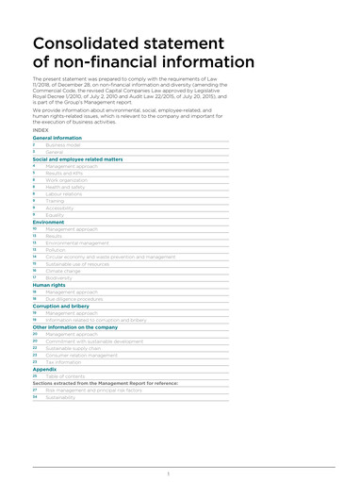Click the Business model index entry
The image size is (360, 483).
[x=63, y=144]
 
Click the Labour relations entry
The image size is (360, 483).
[x=64, y=194]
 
